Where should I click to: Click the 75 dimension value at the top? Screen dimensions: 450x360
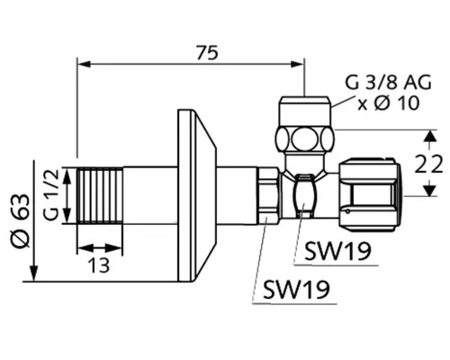(x=207, y=53)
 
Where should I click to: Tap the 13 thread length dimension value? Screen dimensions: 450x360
(x=99, y=265)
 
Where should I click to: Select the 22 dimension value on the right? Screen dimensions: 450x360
(x=428, y=164)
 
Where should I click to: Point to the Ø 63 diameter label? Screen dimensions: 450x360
(x=21, y=220)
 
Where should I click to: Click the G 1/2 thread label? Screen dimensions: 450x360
(x=50, y=194)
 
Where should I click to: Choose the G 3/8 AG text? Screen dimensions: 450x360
(x=388, y=82)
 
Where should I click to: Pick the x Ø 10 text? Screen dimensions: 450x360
(x=388, y=103)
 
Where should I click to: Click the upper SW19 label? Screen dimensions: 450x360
(x=337, y=251)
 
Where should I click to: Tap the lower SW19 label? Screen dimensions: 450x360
(x=296, y=289)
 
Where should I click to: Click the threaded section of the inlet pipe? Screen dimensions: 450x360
(x=100, y=195)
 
